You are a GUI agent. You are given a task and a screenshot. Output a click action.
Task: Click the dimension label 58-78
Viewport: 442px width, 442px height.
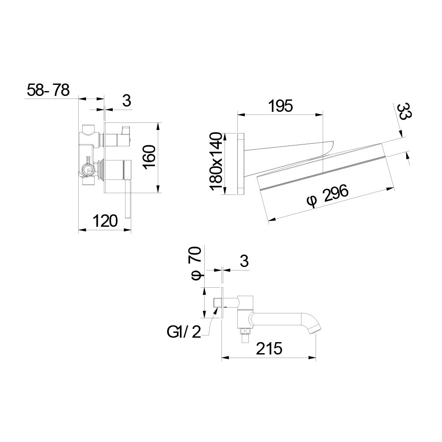pos(48,90)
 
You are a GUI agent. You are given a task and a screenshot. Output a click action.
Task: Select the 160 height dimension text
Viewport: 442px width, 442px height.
pos(149,158)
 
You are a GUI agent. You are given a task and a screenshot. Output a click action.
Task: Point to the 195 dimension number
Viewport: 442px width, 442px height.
pos(281,106)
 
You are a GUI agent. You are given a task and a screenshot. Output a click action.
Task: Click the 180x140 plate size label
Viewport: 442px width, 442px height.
pos(217,161)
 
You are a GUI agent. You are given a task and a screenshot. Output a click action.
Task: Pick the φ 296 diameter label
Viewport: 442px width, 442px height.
pos(327,196)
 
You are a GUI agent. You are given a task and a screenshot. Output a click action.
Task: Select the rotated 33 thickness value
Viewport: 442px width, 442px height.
pos(404,111)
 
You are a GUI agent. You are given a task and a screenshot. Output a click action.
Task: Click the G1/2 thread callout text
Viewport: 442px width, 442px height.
pos(184,333)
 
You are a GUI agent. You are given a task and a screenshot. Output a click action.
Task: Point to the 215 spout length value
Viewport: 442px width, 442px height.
pos(269,348)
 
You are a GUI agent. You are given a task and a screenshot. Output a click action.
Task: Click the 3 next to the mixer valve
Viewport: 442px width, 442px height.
pos(127,101)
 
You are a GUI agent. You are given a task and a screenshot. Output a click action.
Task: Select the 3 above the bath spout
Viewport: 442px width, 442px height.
pos(244,261)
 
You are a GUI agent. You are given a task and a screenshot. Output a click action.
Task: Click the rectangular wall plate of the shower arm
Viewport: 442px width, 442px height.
pos(241,163)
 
